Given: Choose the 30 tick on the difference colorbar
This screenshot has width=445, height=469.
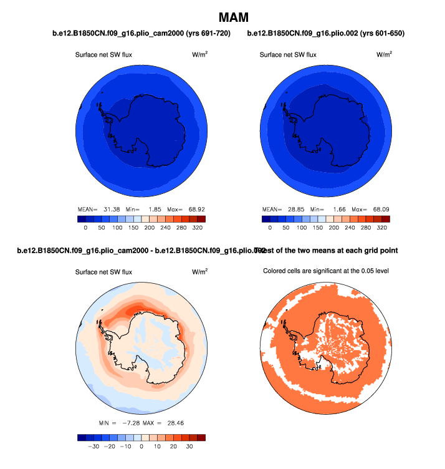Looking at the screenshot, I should coord(189,447).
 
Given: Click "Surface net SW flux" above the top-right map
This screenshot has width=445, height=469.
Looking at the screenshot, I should coord(288,55).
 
